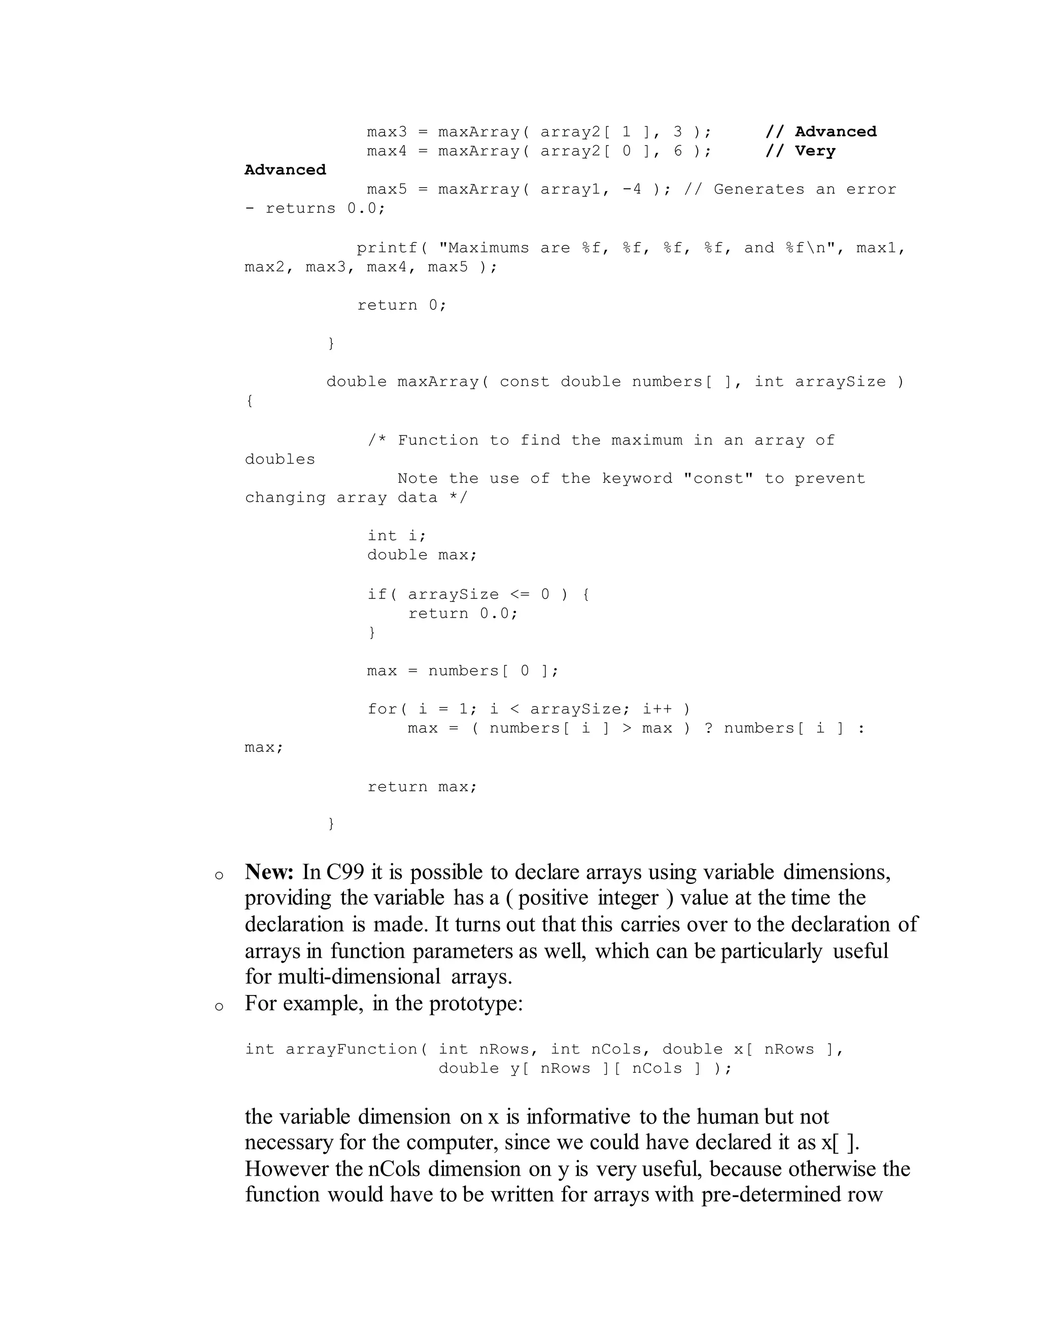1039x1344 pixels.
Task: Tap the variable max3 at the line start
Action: (387, 132)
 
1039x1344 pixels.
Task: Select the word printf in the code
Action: (387, 248)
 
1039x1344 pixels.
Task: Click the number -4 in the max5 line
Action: (632, 190)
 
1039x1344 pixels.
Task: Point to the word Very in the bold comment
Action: (815, 151)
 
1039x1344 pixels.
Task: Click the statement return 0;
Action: (401, 305)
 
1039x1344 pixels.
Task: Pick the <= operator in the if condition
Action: (520, 594)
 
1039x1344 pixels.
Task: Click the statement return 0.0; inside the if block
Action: (463, 614)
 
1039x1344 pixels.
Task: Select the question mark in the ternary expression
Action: (708, 729)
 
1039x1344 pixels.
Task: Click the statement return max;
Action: (422, 787)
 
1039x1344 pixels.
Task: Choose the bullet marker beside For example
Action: (219, 1007)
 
